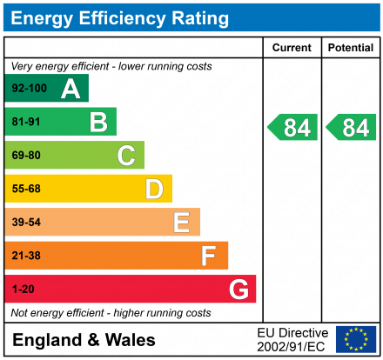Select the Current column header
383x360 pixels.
coord(292,48)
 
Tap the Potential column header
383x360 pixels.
coord(351,48)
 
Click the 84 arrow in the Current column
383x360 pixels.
coord(291,128)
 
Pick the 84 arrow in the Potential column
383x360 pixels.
coord(351,128)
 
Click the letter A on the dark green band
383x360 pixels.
coord(71,89)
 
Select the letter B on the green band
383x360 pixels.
coord(98,123)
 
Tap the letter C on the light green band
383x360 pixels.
coord(126,156)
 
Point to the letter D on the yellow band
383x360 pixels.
coord(154,189)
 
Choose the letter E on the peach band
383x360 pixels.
coord(181,223)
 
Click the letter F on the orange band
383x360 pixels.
coord(209,256)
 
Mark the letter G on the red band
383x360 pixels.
coord(238,289)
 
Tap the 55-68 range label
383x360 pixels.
coord(25,190)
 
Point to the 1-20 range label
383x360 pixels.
coord(23,290)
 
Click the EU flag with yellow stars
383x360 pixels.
coord(356,339)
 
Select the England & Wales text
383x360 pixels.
coord(84,340)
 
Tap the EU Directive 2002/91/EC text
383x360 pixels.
coord(292,340)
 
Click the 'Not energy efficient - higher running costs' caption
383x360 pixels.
coord(110,312)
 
